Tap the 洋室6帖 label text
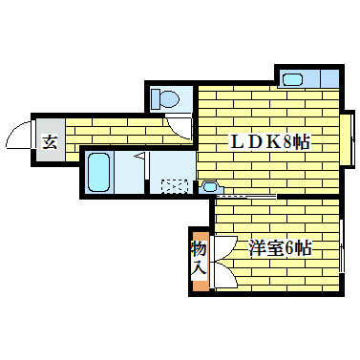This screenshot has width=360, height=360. [x=281, y=248]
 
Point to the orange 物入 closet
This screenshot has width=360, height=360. [x=199, y=259]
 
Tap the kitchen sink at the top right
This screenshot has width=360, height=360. [x=292, y=78]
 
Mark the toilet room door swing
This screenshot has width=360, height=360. [x=178, y=120]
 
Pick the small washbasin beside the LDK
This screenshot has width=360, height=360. [x=212, y=185]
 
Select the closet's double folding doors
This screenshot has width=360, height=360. [x=222, y=260]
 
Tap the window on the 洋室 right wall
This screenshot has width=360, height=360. [x=342, y=247]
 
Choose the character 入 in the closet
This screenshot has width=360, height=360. [x=199, y=269]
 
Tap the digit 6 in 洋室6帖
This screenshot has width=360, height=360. [x=288, y=248]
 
